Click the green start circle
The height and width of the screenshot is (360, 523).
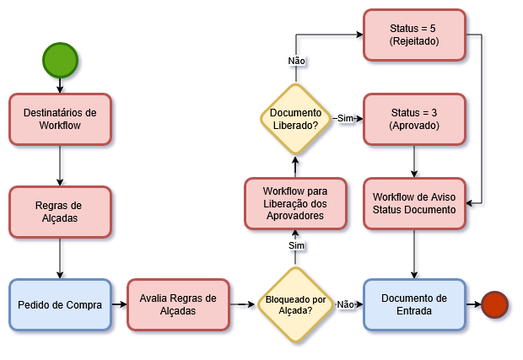(60, 60)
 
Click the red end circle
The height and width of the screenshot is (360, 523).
(493, 304)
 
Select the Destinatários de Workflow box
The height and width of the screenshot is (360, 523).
(60, 118)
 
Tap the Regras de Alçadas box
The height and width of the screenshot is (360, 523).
(60, 211)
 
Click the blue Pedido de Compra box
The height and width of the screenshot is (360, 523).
(60, 304)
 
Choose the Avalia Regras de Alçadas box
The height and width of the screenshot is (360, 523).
(178, 304)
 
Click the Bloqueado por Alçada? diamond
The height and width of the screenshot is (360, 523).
(295, 304)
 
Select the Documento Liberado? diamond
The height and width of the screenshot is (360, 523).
(295, 119)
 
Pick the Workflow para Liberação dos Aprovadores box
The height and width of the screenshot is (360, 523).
(295, 203)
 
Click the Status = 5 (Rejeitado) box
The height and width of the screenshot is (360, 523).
(413, 35)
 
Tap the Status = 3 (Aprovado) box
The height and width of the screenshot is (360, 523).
(413, 119)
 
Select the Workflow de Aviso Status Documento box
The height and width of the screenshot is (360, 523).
(413, 203)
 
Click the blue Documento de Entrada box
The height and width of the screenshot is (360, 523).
(413, 304)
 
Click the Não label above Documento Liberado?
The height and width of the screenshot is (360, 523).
(296, 61)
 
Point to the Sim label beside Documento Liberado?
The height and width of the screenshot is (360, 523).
(345, 119)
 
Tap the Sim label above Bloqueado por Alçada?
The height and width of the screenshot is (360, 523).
(296, 245)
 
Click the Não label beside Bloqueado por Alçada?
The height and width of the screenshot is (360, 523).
(345, 304)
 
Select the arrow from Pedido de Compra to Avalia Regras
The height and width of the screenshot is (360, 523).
(119, 304)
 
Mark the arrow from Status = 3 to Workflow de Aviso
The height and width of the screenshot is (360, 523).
(413, 160)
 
